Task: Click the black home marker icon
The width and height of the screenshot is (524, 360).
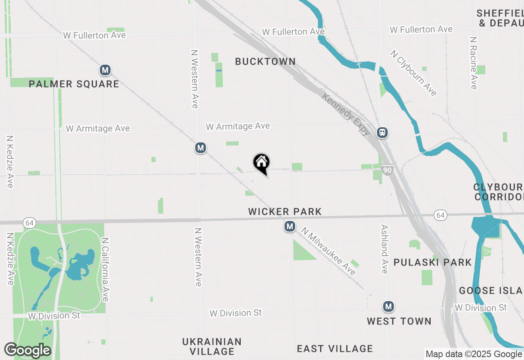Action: coord(261,163)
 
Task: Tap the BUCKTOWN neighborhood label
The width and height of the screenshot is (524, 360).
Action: coord(265,61)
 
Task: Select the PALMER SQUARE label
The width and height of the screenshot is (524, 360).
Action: coord(74,84)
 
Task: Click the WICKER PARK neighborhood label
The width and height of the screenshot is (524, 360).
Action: coord(285,211)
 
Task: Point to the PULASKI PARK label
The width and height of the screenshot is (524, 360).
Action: coord(432,262)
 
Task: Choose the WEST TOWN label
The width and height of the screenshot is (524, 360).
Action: coord(399,321)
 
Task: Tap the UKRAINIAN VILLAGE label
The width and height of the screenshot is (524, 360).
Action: coord(212,346)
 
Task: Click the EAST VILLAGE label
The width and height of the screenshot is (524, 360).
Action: coord(335,349)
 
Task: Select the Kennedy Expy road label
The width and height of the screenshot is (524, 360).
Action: coord(346,115)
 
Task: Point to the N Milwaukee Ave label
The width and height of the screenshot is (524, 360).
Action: coord(328,252)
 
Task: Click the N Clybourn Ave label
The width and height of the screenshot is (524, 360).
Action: coord(413,73)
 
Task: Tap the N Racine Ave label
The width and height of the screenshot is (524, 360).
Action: coord(474,63)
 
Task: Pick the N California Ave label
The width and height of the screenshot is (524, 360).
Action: coord(105,270)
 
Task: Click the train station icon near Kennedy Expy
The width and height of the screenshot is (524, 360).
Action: coord(382,133)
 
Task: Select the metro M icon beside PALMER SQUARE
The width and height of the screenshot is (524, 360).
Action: coord(105,70)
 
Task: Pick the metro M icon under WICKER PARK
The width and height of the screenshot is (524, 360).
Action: coord(290,226)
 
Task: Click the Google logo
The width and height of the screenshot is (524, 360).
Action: coord(27,350)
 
